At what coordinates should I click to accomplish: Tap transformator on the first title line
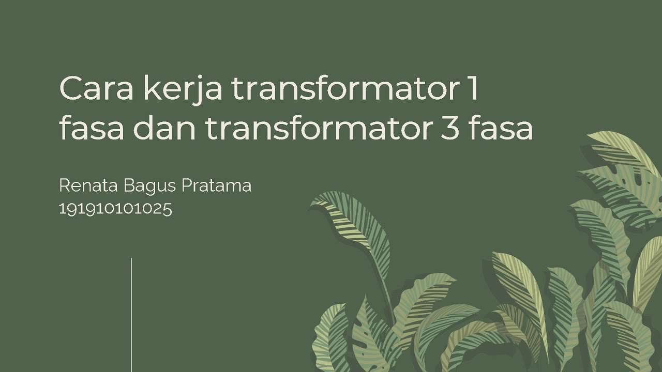point(339,89)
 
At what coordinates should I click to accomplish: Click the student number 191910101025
point(115,209)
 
